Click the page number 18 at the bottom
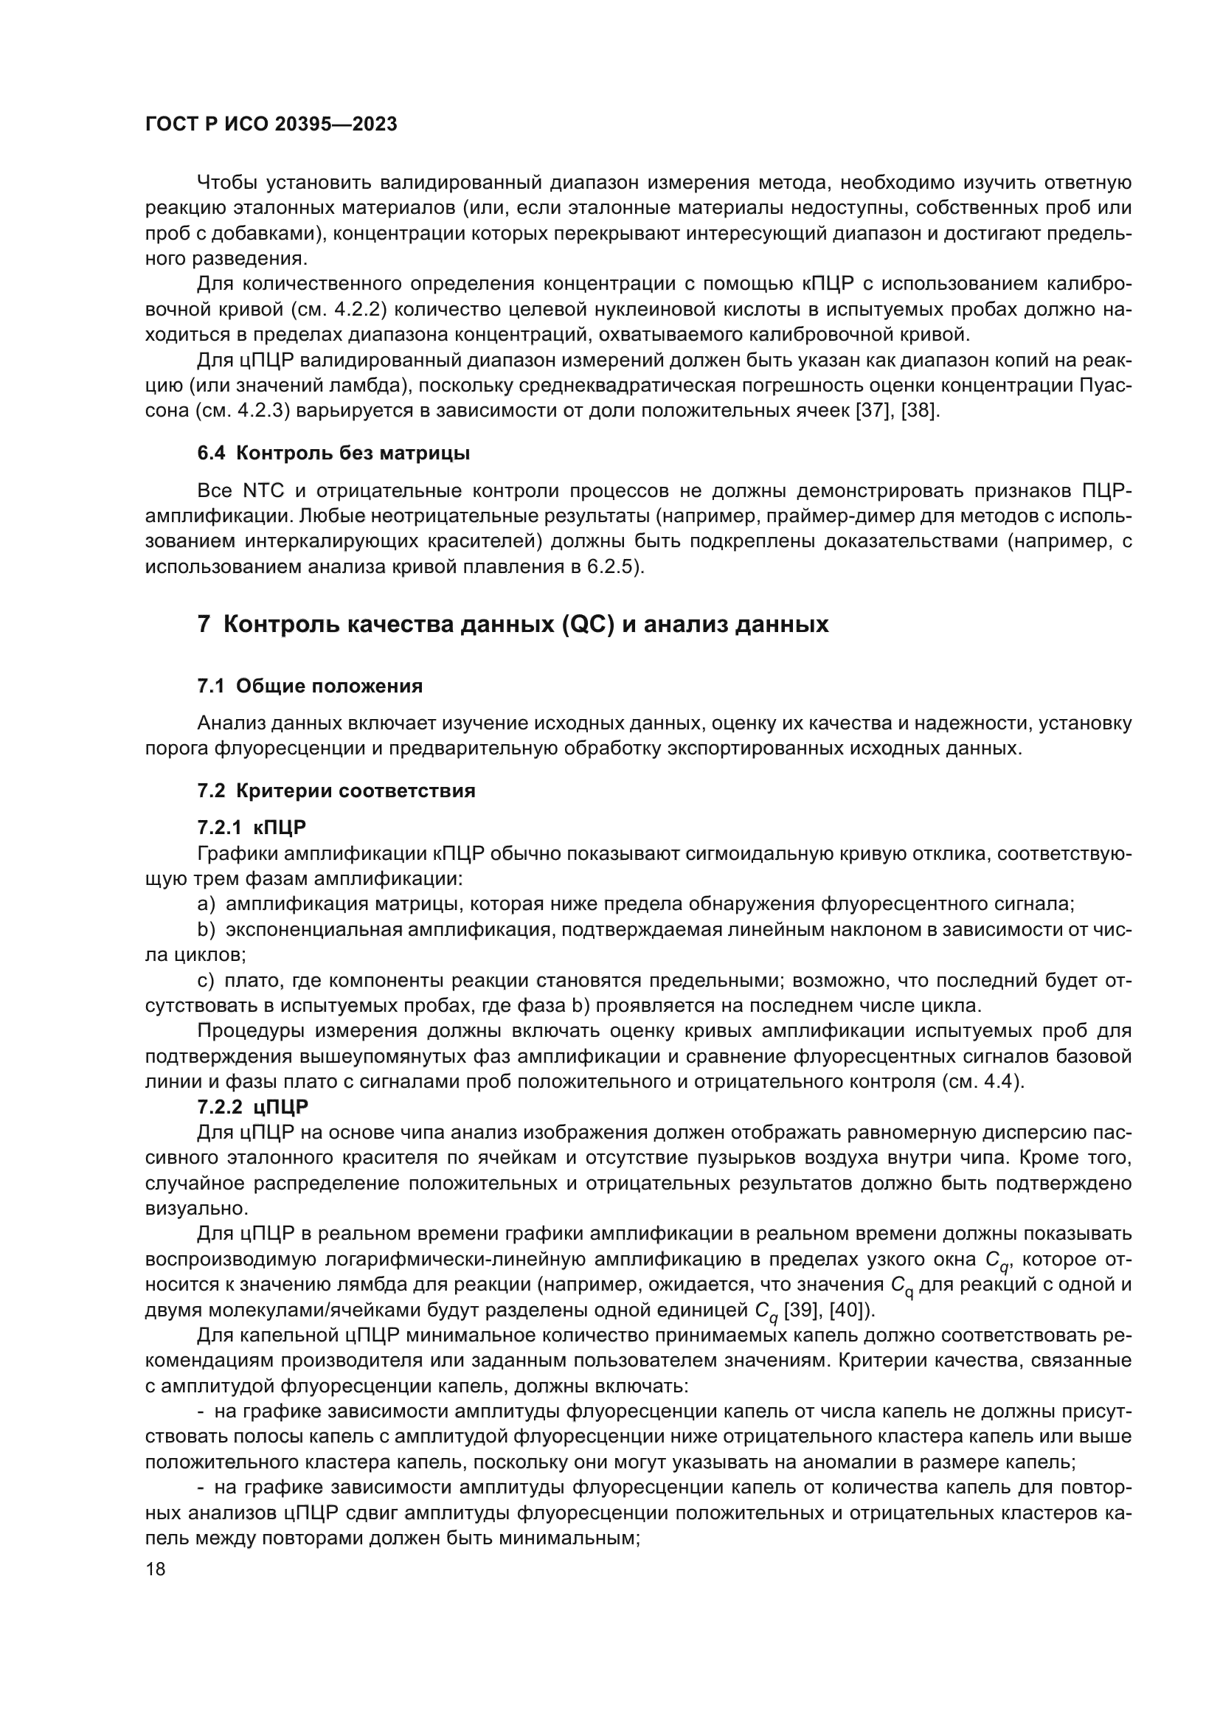click(x=156, y=1569)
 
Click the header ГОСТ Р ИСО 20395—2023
click(x=271, y=125)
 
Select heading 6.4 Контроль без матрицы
click(x=333, y=453)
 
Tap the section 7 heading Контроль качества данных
click(x=513, y=625)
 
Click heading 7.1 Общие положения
click(x=310, y=686)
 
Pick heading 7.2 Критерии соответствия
click(x=336, y=791)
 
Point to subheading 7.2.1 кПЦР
click(x=252, y=828)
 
